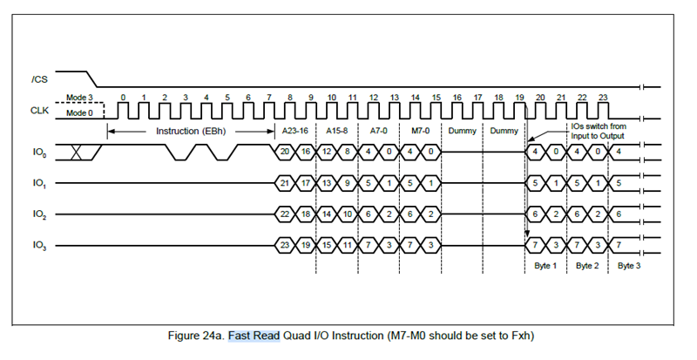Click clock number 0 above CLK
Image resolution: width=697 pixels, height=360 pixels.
pyautogui.click(x=123, y=97)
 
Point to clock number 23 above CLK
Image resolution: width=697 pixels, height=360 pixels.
pyautogui.click(x=604, y=97)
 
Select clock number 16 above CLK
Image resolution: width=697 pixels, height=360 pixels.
pyautogui.click(x=457, y=97)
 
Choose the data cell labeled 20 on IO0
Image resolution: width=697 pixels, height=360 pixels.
pyautogui.click(x=285, y=152)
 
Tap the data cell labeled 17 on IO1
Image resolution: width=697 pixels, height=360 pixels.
pyautogui.click(x=306, y=183)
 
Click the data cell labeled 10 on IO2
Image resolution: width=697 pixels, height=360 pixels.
pyautogui.click(x=348, y=214)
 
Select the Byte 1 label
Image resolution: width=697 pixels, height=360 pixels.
pyautogui.click(x=545, y=265)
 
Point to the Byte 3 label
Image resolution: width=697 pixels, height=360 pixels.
pyautogui.click(x=629, y=265)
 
